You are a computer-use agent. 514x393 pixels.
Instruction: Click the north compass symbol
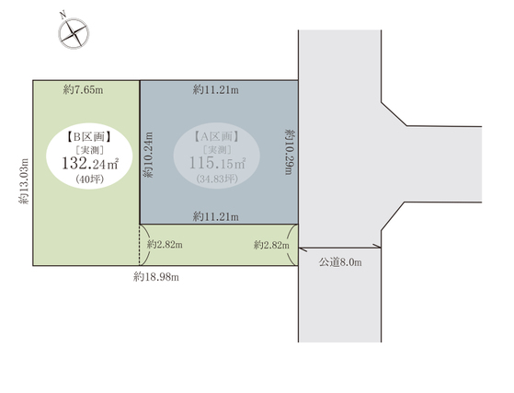pyautogui.click(x=74, y=33)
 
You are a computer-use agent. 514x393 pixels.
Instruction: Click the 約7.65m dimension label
pyautogui.click(x=84, y=89)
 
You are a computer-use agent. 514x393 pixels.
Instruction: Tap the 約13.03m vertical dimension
pyautogui.click(x=24, y=181)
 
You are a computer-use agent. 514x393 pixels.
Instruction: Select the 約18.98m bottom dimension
pyautogui.click(x=156, y=277)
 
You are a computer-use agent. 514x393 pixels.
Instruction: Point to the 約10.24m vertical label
pyautogui.click(x=148, y=155)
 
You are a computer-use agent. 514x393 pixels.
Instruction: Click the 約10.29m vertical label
pyautogui.click(x=289, y=152)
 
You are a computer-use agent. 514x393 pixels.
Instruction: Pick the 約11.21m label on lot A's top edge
pyautogui.click(x=216, y=89)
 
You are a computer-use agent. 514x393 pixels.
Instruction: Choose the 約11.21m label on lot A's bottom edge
pyautogui.click(x=216, y=216)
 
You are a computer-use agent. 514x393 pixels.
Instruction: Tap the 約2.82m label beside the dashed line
pyautogui.click(x=165, y=245)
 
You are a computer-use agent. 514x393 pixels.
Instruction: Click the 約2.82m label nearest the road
pyautogui.click(x=271, y=245)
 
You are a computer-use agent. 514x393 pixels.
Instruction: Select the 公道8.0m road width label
pyautogui.click(x=340, y=262)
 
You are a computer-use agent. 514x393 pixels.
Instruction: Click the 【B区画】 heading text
pyautogui.click(x=89, y=137)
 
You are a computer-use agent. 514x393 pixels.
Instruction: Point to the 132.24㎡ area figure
pyautogui.click(x=90, y=164)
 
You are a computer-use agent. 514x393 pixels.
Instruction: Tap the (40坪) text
pyautogui.click(x=89, y=179)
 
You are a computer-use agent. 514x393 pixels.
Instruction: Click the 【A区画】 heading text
pyautogui.click(x=216, y=136)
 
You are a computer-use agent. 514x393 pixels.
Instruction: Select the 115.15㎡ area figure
pyautogui.click(x=217, y=163)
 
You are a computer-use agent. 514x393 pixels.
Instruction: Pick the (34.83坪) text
pyautogui.click(x=217, y=179)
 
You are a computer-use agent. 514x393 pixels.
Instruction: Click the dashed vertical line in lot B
pyautogui.click(x=140, y=245)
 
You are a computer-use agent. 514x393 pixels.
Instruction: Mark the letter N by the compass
pyautogui.click(x=63, y=15)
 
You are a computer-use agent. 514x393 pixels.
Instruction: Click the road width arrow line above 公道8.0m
pyautogui.click(x=339, y=248)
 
